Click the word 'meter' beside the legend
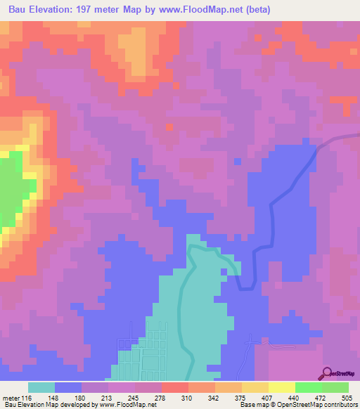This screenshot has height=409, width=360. [11, 397]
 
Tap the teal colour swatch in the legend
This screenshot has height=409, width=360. [41, 387]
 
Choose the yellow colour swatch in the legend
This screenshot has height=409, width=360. [282, 387]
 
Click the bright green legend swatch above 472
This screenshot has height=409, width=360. [309, 387]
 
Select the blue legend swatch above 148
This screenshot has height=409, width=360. [68, 387]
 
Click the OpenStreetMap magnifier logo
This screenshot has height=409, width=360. [327, 373]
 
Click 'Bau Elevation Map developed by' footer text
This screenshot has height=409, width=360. [48, 405]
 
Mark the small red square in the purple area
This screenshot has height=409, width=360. [169, 126]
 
